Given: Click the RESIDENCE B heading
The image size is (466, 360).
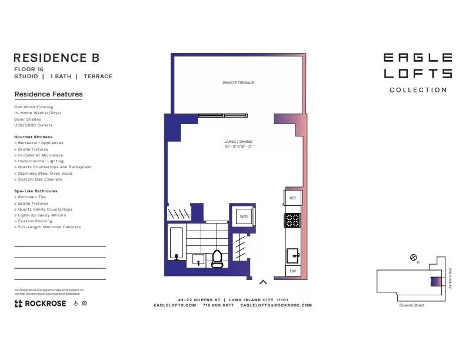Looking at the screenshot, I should [56, 58].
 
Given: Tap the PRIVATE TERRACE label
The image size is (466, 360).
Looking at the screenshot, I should [238, 83].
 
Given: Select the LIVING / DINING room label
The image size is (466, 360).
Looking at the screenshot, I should [238, 144].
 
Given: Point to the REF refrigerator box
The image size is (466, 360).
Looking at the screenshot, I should [293, 198].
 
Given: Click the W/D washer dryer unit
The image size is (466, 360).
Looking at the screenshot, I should [243, 216].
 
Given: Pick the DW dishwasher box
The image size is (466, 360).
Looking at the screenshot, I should [293, 271].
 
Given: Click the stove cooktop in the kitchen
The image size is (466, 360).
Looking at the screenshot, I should [293, 221].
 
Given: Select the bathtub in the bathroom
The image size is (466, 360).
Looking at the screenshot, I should [175, 244].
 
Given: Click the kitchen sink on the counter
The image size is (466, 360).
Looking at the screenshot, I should [293, 255].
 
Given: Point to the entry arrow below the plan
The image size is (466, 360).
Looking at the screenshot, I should [263, 282].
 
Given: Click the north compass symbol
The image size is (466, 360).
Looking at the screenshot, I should [414, 257].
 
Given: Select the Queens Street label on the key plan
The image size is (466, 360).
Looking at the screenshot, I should [412, 305].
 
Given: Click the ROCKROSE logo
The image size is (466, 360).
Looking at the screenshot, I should [40, 304].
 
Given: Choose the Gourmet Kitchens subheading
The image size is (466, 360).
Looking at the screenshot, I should [34, 136].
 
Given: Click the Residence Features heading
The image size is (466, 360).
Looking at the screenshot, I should [48, 94].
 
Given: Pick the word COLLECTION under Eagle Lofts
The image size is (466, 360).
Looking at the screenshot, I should [418, 90].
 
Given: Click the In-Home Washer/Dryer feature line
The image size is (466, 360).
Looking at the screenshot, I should [38, 113].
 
